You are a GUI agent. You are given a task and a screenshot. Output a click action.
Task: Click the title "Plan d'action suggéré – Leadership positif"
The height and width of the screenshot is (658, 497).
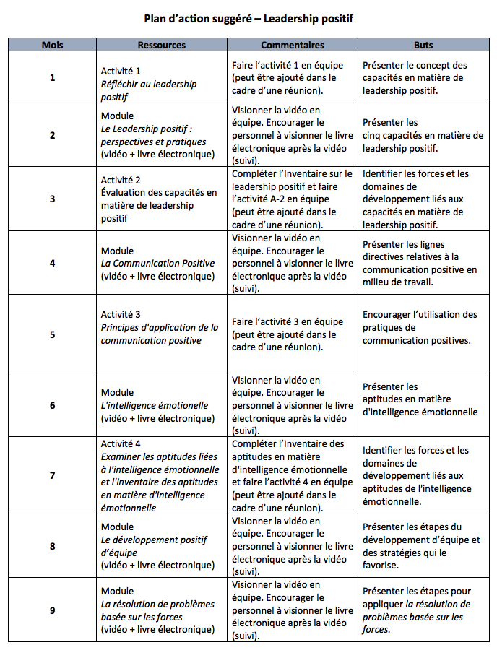(248, 18)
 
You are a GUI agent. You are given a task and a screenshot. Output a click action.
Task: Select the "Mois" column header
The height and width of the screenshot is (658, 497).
(52, 45)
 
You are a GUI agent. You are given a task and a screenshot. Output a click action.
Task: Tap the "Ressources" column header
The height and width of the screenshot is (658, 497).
(161, 45)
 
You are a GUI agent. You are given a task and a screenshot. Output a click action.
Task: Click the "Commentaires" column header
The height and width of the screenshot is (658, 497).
(292, 45)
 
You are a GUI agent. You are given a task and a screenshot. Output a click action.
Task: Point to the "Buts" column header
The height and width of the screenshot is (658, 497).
(423, 45)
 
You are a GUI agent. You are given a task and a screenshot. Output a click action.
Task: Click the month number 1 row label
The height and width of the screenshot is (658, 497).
(52, 77)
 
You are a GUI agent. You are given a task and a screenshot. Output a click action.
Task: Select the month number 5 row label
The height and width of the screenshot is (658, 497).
(52, 334)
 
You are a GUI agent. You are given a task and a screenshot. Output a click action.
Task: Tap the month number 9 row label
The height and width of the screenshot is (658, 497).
(52, 610)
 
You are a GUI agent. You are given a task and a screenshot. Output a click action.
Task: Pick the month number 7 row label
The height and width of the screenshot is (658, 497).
(52, 475)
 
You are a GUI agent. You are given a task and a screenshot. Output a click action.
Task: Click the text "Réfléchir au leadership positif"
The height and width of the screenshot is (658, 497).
(148, 90)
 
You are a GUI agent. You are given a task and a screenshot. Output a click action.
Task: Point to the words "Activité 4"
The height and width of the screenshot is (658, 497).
(121, 443)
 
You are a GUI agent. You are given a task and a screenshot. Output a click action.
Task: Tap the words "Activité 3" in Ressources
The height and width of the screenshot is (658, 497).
(121, 314)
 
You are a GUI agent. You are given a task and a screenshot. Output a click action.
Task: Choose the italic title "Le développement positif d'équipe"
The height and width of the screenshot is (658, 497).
(154, 547)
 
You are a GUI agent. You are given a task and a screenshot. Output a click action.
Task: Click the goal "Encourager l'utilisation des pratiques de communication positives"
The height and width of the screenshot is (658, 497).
(420, 327)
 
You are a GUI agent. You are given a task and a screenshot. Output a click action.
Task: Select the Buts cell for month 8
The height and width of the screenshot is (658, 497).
(421, 547)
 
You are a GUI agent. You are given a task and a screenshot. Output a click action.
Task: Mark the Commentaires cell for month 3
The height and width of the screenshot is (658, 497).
(292, 199)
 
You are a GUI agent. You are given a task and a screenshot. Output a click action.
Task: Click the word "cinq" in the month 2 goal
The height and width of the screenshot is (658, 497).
(373, 135)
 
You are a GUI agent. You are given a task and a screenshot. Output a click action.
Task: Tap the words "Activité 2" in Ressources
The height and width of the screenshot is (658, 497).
(121, 180)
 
